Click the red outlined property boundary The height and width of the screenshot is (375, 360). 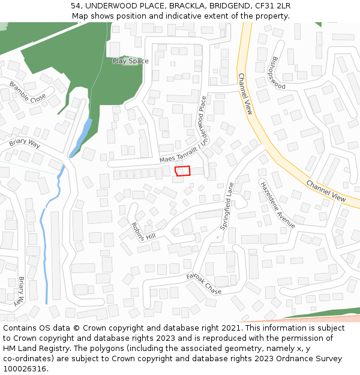click(x=182, y=171)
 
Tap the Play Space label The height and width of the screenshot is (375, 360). click(x=130, y=61)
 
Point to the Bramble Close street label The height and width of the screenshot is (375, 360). click(x=28, y=93)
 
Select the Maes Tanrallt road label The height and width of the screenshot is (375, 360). click(x=178, y=155)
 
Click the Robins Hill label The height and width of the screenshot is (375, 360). click(x=143, y=232)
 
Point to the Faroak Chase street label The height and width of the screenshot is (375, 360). click(x=203, y=283)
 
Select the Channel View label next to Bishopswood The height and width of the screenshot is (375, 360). click(x=245, y=94)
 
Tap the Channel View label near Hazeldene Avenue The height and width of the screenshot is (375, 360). click(x=326, y=191)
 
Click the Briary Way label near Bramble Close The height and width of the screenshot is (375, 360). click(x=25, y=144)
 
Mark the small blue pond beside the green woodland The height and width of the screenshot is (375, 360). click(x=81, y=137)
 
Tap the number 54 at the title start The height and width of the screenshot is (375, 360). click(x=75, y=6)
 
